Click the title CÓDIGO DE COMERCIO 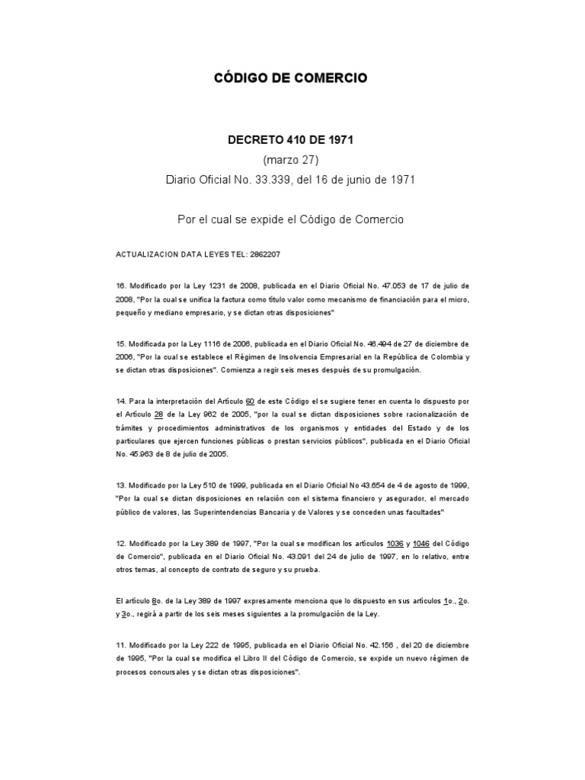pyautogui.click(x=289, y=78)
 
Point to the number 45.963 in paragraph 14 pyautogui.click(x=147, y=454)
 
